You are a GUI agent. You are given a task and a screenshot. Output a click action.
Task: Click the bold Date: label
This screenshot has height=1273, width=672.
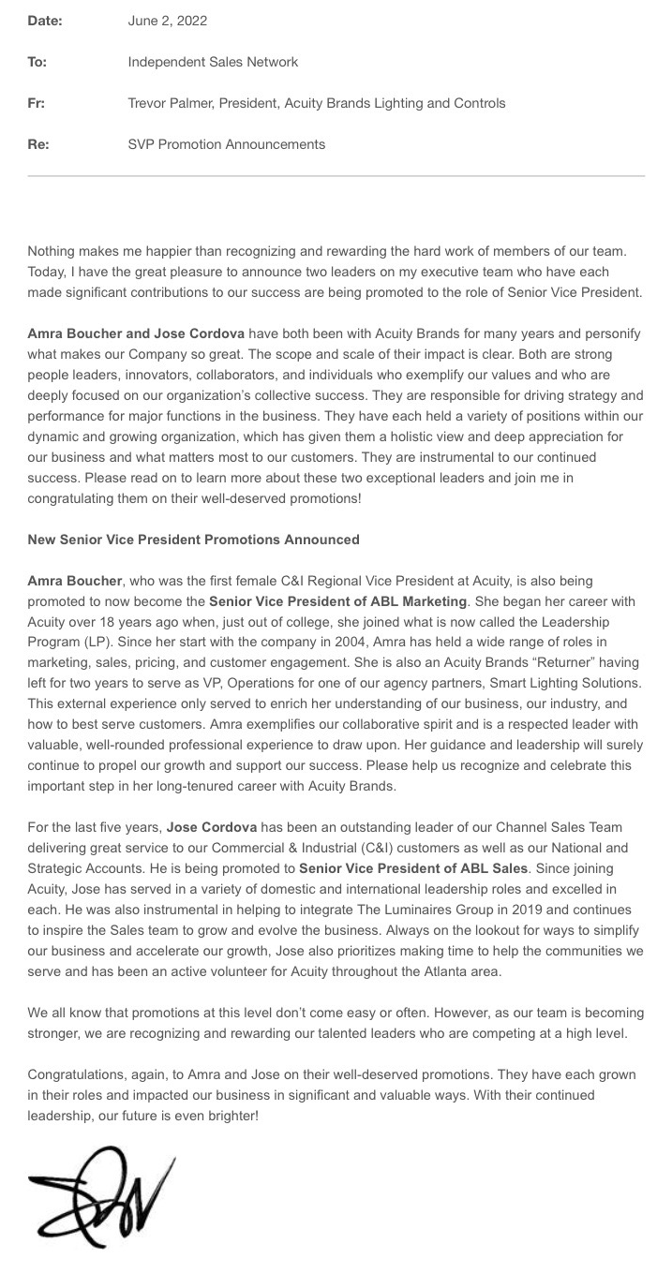[x=45, y=21]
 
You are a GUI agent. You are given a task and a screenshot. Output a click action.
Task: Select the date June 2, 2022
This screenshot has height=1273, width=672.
[x=168, y=21]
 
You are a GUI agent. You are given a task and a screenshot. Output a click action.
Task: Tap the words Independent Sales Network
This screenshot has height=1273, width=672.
[x=213, y=62]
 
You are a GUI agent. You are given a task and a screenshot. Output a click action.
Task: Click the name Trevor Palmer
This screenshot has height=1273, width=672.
[x=169, y=103]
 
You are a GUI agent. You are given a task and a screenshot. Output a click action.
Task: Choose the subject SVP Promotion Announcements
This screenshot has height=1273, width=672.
[x=227, y=144]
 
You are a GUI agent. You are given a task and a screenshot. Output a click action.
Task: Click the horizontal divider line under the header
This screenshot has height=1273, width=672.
[x=336, y=176]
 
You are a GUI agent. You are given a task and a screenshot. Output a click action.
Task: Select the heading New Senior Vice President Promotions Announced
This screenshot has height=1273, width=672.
[x=193, y=540]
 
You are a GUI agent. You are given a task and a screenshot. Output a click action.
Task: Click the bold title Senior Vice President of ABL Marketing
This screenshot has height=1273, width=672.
[x=337, y=601]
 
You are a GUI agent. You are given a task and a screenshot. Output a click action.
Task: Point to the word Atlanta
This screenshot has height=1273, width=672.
[x=430, y=971]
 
